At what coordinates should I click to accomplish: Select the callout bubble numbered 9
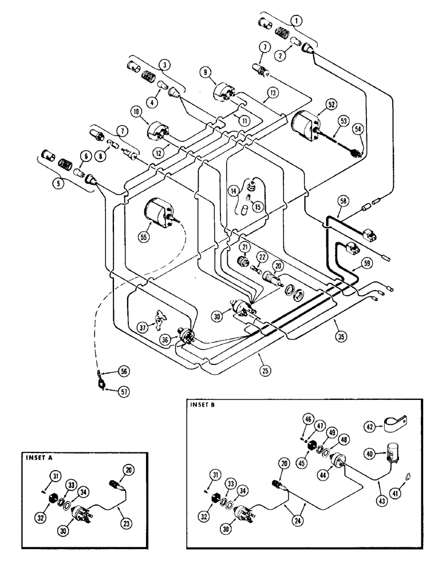(206, 73)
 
